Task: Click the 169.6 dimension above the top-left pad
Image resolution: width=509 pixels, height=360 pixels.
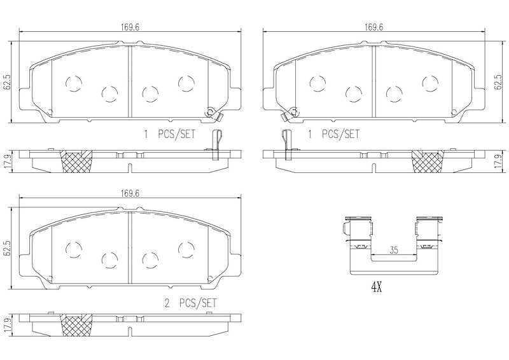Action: tap(130, 27)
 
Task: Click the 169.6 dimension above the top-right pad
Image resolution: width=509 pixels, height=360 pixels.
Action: tap(374, 27)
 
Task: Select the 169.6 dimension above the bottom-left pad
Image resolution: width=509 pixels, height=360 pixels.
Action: tap(130, 193)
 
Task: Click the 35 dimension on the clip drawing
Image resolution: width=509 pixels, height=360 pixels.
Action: tap(394, 250)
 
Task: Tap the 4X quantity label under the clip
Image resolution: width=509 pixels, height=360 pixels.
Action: tap(377, 287)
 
